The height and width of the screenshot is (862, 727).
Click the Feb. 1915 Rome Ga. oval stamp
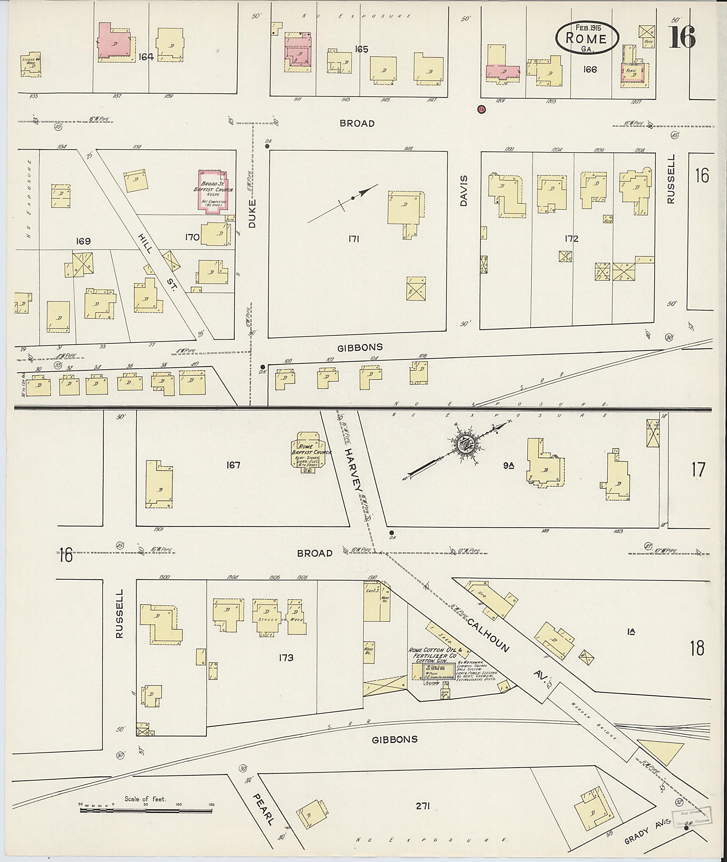click(587, 38)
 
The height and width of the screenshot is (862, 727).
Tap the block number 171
click(354, 238)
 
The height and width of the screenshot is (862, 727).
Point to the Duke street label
click(252, 213)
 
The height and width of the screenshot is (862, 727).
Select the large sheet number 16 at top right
click(682, 37)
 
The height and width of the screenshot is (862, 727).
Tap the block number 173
click(286, 658)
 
